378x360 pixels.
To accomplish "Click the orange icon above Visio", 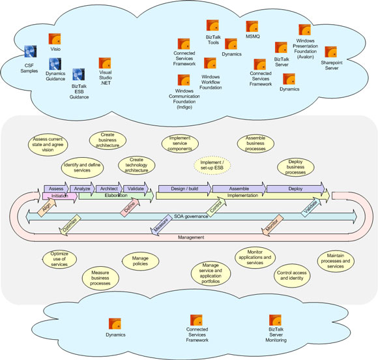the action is point(55,39).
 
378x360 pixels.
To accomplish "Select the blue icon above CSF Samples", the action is point(31,52).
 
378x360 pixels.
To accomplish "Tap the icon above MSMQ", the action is point(252,27).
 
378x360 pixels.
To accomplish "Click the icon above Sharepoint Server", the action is point(331,52).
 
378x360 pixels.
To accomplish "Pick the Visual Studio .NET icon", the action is point(105,63).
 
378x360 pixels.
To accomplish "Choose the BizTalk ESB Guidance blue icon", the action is point(79,74).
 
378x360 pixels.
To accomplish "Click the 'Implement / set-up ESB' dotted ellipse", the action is point(212,165).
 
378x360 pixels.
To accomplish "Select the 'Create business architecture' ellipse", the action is point(108,140).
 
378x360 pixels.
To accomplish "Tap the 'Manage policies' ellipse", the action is point(140,261).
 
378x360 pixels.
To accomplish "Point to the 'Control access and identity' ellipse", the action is point(292,276).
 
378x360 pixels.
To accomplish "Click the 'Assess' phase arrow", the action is point(57,188).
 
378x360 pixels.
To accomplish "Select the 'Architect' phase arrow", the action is point(109,188).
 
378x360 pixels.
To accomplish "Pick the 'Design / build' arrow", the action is point(185,188).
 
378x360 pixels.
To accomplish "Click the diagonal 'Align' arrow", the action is point(47,207).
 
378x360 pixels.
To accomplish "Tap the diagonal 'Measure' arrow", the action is point(160,225).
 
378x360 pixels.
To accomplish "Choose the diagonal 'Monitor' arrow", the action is point(272,225).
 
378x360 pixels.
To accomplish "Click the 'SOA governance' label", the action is point(191,217).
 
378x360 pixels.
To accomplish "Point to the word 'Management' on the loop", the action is point(191,237).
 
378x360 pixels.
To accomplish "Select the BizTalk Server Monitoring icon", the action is point(275,320).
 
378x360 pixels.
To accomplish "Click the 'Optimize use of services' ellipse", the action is point(59,259).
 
